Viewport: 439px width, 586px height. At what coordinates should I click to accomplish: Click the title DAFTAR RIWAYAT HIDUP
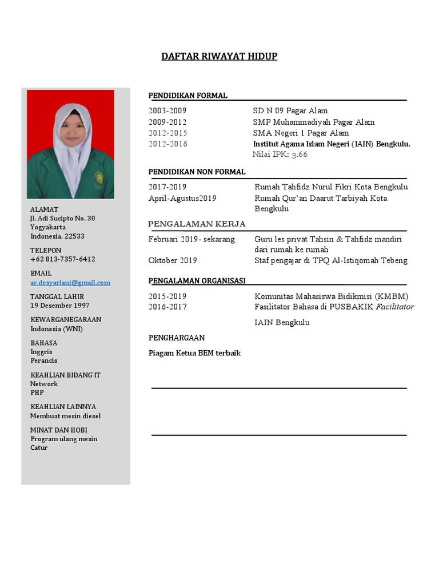[x=219, y=56]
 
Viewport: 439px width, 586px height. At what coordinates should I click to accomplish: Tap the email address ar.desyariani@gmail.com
[x=70, y=283]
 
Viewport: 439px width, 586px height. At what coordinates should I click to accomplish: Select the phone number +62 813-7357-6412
[x=63, y=259]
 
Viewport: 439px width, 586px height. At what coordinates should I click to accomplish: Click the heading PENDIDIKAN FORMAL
[x=188, y=96]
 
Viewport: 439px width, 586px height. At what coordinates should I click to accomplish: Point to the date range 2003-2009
[x=167, y=111]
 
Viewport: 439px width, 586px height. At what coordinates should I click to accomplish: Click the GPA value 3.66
[x=300, y=155]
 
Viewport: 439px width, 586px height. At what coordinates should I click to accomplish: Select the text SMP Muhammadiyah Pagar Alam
[x=314, y=122]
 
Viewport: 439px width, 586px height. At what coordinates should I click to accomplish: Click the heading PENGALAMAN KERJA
[x=197, y=224]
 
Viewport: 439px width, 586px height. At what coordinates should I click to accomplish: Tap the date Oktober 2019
[x=173, y=260]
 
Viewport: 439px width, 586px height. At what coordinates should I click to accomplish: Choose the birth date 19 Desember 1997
[x=60, y=306]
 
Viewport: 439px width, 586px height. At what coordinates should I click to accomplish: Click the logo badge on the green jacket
[x=99, y=177]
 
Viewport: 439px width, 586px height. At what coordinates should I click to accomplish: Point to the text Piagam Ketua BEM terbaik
[x=194, y=353]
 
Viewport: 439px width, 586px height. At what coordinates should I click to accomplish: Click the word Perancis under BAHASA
[x=44, y=361]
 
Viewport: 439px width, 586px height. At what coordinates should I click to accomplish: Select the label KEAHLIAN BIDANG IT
[x=65, y=375]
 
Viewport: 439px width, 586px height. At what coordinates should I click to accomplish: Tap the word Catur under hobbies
[x=39, y=448]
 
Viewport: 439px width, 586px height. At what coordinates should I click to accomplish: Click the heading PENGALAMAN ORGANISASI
[x=197, y=280]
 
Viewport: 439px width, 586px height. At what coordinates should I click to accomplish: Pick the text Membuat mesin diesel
[x=65, y=416]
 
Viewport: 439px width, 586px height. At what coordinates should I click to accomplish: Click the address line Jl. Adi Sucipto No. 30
[x=63, y=219]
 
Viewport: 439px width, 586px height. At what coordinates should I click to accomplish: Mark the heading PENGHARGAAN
[x=177, y=338]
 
